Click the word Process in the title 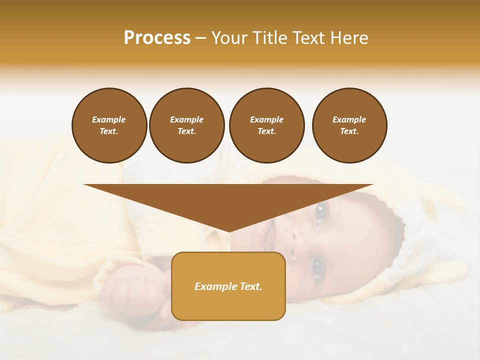157,38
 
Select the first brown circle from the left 109,125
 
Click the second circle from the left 186,125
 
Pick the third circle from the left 266,125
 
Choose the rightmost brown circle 349,125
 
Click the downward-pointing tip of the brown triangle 228,230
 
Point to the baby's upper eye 320,212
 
